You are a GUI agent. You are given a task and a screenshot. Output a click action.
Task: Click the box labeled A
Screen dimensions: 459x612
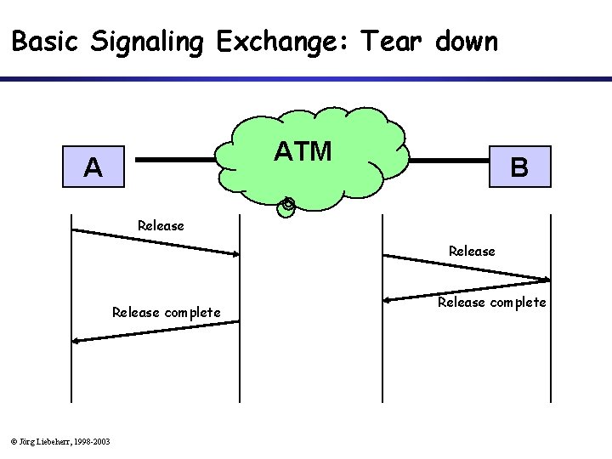pyautogui.click(x=93, y=167)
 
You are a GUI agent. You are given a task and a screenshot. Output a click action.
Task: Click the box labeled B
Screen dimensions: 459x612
pyautogui.click(x=519, y=167)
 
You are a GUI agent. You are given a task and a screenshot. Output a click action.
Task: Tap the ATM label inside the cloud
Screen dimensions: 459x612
pyautogui.click(x=303, y=151)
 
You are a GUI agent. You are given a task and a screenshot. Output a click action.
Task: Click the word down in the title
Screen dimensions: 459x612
pyautogui.click(x=466, y=41)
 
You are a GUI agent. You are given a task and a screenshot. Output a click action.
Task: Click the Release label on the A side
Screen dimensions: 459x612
pyautogui.click(x=161, y=225)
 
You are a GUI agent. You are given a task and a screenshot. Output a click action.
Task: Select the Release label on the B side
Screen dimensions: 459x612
pyautogui.click(x=472, y=251)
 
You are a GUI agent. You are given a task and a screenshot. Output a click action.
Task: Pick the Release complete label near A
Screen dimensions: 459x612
pyautogui.click(x=167, y=312)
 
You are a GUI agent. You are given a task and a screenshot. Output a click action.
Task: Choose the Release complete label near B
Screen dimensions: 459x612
pyautogui.click(x=492, y=302)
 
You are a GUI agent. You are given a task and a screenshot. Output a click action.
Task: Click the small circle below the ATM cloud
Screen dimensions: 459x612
pyautogui.click(x=287, y=205)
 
